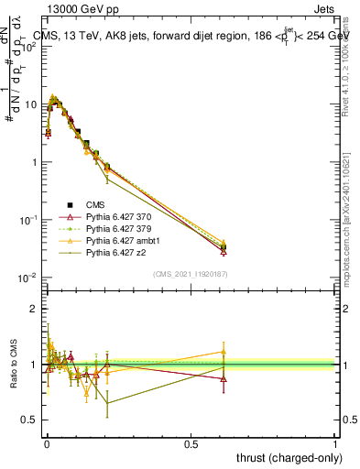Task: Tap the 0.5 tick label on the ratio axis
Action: pyautogui.click(x=27, y=420)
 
